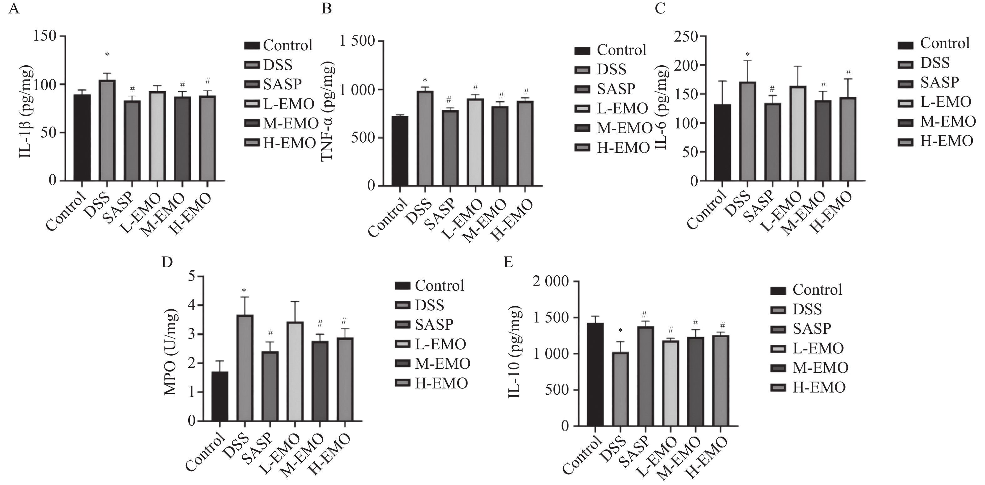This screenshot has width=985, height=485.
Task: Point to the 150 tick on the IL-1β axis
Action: [x=45, y=36]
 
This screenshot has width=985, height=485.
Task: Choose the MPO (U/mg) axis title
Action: [x=171, y=352]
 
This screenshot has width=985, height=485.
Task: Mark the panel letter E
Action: [x=508, y=262]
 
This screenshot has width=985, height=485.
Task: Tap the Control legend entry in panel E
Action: [x=807, y=290]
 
